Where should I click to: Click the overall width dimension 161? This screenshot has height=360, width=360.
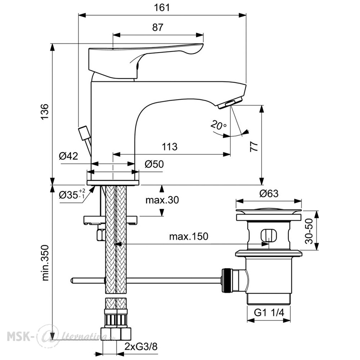[162, 8]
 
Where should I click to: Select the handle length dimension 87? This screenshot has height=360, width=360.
[158, 27]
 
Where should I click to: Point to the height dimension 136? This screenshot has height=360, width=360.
[45, 112]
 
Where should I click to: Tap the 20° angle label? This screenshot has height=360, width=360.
[219, 125]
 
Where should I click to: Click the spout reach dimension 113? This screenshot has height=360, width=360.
[170, 147]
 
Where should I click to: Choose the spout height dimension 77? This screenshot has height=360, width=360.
[254, 147]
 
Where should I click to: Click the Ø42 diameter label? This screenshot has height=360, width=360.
[68, 156]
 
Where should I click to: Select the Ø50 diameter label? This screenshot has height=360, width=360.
[154, 164]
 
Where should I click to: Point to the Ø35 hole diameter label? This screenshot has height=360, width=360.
[72, 195]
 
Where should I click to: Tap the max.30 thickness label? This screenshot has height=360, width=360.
[162, 200]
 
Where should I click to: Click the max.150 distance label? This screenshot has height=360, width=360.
[189, 236]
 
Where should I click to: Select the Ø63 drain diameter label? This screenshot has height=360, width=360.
[269, 194]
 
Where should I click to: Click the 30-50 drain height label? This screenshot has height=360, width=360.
[309, 231]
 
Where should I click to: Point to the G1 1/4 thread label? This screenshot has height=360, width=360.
[269, 312]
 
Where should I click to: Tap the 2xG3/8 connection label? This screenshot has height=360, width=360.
[141, 346]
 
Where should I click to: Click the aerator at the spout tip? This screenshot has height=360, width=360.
[230, 103]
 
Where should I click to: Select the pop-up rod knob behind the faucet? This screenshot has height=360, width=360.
[84, 133]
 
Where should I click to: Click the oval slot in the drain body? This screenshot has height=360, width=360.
[269, 236]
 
